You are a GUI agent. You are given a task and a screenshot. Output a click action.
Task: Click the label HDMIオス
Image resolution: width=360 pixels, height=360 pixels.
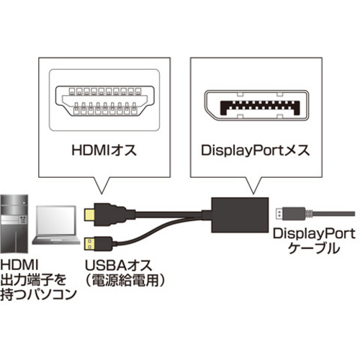tap(104, 150)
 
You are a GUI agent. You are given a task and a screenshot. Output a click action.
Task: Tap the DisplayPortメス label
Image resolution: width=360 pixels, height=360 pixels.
tap(256, 150)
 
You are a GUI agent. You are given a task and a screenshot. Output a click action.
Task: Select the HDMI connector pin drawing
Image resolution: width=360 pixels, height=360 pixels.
tap(104, 101)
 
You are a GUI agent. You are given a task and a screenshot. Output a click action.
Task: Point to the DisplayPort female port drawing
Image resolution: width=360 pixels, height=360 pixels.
tap(256, 105)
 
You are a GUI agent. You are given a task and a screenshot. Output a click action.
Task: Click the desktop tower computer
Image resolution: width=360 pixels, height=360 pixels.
tap(14, 224)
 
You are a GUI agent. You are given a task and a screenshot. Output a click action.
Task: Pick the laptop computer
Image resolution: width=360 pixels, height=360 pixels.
tap(56, 225)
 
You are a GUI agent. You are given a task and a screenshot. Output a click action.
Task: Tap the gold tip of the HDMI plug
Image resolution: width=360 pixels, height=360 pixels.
tap(89, 215)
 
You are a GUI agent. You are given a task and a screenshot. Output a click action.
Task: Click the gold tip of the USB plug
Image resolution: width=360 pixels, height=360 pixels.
tap(89, 244)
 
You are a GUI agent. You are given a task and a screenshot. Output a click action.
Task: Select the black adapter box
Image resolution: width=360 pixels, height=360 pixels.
tap(240, 215)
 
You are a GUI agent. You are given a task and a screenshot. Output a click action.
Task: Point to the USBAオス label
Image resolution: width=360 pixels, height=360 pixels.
tap(119, 266)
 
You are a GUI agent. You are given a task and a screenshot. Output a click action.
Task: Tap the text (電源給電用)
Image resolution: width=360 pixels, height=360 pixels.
tap(125, 280)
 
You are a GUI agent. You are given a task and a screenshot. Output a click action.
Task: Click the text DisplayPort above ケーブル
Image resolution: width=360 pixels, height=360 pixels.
tap(314, 234)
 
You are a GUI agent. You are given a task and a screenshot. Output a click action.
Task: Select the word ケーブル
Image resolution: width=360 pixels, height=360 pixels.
tap(314, 248)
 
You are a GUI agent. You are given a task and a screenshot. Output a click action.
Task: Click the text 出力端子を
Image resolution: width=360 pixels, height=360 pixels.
tap(33, 280)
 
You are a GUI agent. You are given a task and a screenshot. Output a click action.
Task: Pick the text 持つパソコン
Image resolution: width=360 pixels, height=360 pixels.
tap(38, 294)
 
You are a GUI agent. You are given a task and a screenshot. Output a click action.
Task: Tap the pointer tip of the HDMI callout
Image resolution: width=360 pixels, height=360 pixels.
tap(102, 194)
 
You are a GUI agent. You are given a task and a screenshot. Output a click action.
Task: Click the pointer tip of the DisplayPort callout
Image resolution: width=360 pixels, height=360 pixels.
tap(253, 194)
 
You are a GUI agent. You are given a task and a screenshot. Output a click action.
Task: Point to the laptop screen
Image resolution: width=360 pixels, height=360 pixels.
tap(56, 220)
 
